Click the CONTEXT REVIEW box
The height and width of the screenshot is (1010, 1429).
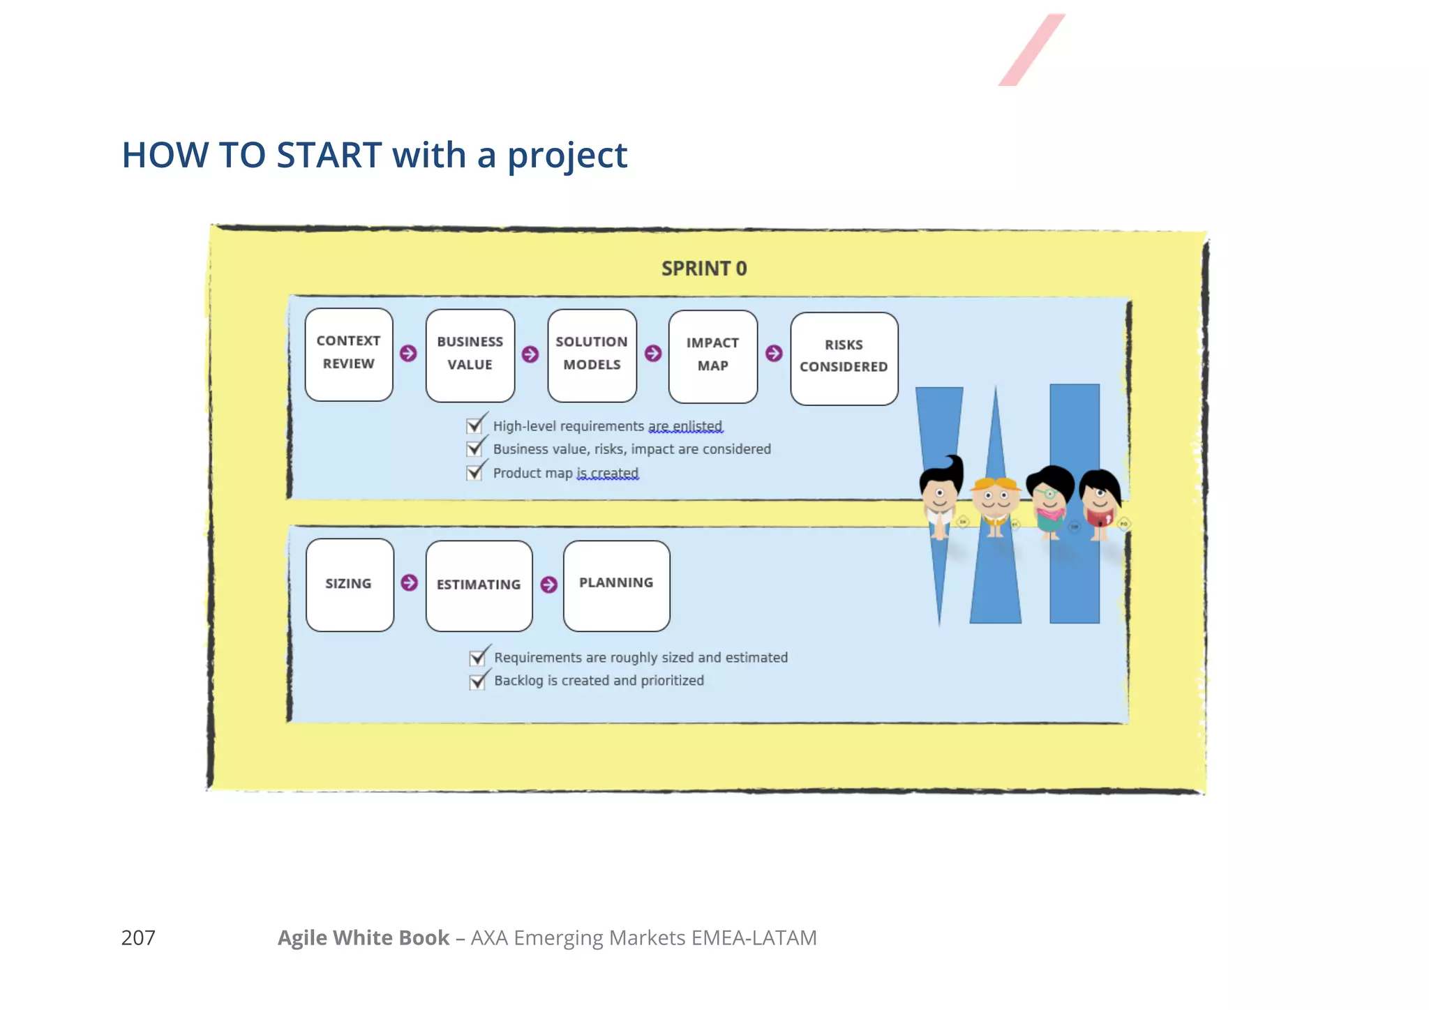[349, 354]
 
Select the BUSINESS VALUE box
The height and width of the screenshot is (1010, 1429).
[470, 355]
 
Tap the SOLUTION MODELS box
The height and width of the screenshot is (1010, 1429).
[592, 355]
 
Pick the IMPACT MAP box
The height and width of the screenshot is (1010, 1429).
[712, 356]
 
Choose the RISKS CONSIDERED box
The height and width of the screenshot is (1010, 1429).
[844, 358]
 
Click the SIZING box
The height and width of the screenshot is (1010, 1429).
[350, 585]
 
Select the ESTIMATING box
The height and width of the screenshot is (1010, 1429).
[479, 585]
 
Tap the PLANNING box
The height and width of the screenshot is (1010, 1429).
[616, 585]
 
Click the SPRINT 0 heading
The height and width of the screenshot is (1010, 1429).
[703, 269]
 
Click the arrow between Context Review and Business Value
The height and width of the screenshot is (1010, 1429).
[409, 354]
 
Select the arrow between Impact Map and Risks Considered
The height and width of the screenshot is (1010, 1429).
[774, 354]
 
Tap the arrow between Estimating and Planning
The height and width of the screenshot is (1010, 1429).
[549, 585]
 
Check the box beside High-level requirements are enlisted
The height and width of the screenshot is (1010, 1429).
[474, 425]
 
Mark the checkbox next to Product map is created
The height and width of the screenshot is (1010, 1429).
[474, 473]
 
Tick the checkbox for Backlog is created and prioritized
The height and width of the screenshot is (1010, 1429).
[477, 681]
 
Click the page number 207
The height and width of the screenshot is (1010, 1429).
[138, 937]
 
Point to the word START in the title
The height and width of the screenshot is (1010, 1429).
[329, 155]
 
